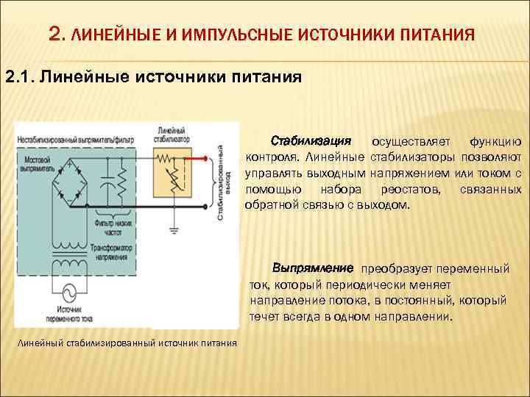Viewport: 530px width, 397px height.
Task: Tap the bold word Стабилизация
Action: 311,140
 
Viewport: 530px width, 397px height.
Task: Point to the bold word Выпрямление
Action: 313,266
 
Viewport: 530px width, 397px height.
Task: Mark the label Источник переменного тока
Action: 41,315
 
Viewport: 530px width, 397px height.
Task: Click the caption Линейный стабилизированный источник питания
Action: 127,342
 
